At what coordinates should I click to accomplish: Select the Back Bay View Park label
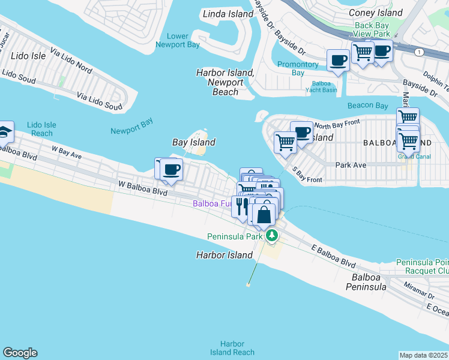372,29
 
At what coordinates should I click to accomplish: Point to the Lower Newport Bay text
177,40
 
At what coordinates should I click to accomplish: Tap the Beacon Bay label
367,106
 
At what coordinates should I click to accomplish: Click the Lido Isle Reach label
41,129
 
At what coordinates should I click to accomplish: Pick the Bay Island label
193,142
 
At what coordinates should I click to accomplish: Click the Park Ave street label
351,164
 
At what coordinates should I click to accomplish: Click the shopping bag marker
264,214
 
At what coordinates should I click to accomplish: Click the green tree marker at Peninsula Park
272,235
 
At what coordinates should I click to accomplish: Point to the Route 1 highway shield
418,53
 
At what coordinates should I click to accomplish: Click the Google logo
20,353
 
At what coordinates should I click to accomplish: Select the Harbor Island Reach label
232,348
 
